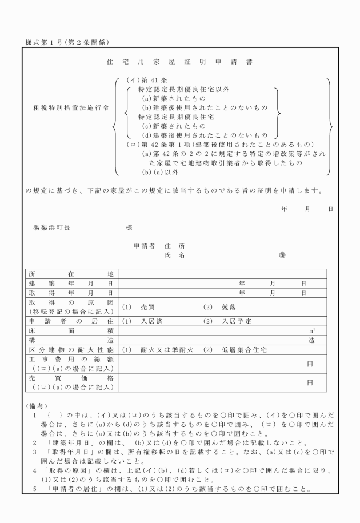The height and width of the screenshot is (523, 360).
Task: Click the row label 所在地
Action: [71, 273]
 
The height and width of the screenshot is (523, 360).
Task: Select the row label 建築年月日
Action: [71, 283]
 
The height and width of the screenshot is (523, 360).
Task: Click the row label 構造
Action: [71, 340]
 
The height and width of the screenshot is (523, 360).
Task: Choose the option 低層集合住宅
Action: [247, 349]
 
